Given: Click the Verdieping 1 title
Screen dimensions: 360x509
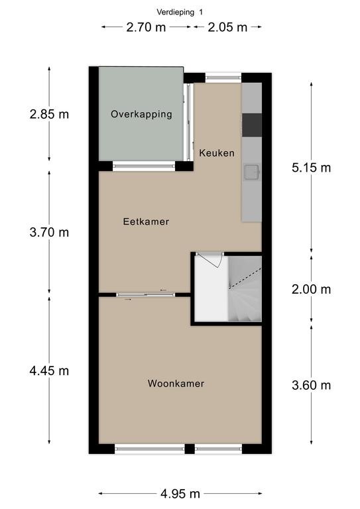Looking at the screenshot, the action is [180, 13].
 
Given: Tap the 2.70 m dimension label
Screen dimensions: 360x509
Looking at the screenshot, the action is [146, 27].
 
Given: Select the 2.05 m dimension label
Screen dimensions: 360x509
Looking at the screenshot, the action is [227, 27].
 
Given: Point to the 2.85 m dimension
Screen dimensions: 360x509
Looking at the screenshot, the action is [49, 114].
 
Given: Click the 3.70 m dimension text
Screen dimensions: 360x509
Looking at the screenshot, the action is [49, 233].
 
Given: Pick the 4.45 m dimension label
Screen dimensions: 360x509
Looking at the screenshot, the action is [49, 370].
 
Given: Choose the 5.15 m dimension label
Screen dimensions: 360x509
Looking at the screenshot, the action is [312, 168].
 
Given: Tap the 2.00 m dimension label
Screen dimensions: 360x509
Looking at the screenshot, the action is [312, 289].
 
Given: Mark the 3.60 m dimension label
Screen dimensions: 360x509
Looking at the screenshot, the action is [312, 385].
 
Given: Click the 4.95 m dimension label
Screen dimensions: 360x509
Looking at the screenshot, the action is [180, 494].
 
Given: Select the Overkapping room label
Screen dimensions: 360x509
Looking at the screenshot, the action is [141, 115].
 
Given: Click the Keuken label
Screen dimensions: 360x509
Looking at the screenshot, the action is [217, 153].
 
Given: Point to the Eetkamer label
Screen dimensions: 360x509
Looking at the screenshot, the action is [146, 222].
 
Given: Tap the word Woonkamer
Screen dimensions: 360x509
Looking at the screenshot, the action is [176, 384].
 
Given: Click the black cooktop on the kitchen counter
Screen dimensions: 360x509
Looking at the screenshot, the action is [252, 125].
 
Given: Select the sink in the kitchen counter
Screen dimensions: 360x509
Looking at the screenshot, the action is [251, 172].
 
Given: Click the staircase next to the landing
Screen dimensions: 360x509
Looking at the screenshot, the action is [245, 289].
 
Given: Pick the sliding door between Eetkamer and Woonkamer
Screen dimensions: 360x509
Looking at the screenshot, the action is [145, 295].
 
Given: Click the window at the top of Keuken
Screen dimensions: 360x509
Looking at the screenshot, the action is [223, 78].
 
